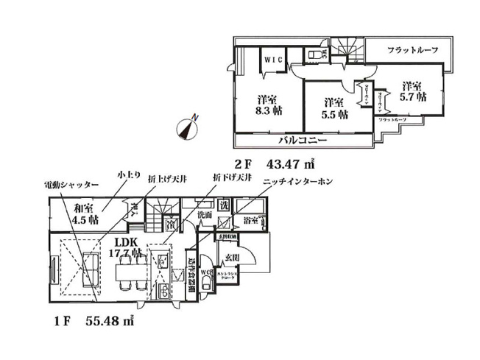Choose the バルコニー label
click(303, 140)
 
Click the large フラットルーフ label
click(413, 50)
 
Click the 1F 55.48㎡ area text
click(93, 322)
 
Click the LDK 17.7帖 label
click(126, 247)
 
